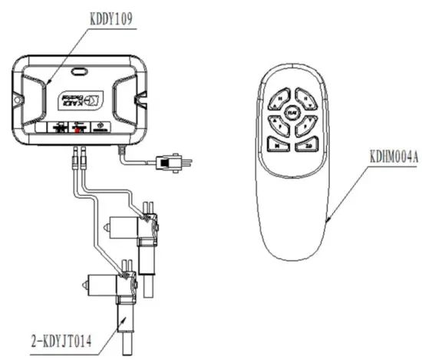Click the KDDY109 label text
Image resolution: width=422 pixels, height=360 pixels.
click(x=107, y=18)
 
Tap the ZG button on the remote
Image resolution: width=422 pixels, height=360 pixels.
click(x=308, y=143)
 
